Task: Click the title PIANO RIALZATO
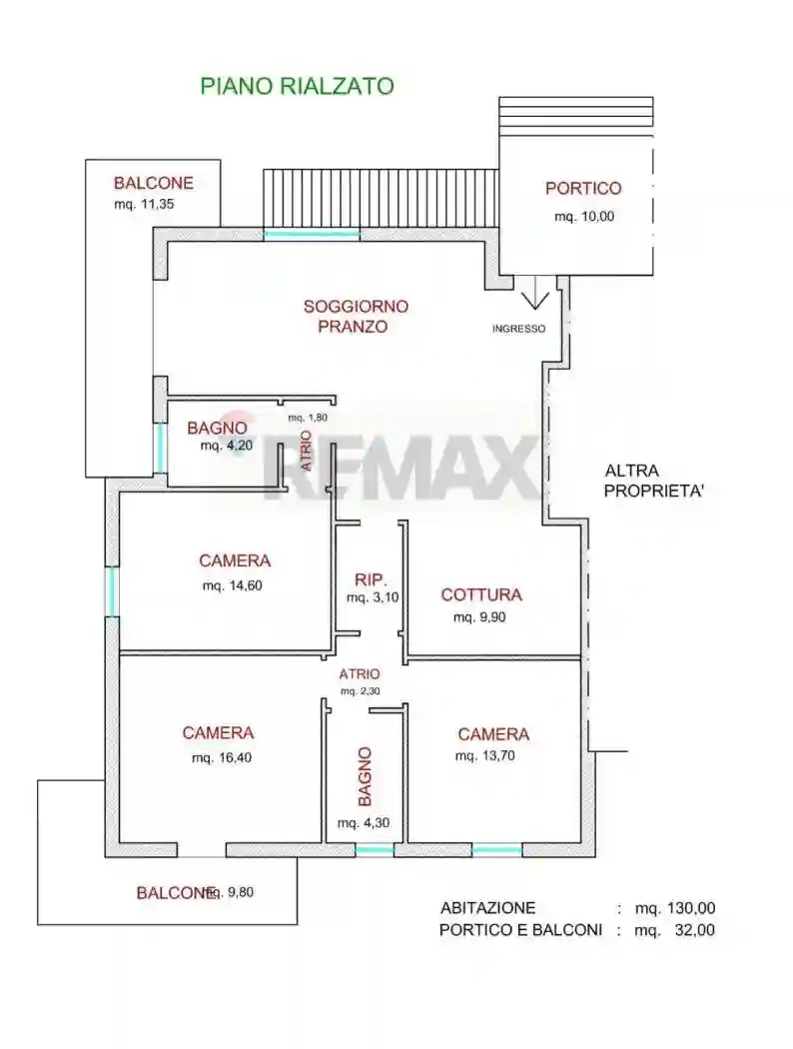click(x=297, y=86)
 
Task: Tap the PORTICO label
click(x=582, y=188)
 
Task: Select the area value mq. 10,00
click(x=584, y=217)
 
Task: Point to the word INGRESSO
click(x=518, y=329)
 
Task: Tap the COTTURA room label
click(x=481, y=595)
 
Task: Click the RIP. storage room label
click(x=370, y=579)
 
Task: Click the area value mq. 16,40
click(x=221, y=758)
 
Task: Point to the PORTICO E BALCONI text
click(x=520, y=930)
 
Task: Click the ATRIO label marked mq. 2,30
click(x=359, y=674)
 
